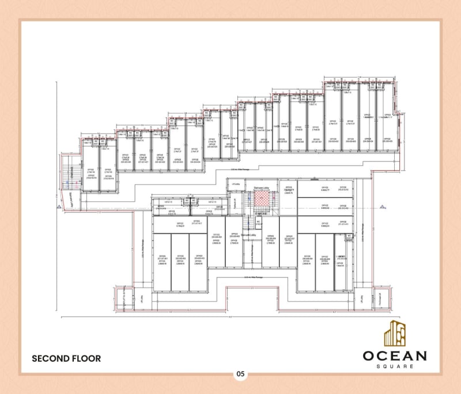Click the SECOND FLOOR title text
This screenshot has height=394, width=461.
click(x=66, y=358)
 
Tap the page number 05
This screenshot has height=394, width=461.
click(x=240, y=374)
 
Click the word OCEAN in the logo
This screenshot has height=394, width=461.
click(x=395, y=355)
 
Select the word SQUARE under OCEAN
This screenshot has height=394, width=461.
click(x=395, y=366)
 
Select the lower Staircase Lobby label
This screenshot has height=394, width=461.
click(x=248, y=235)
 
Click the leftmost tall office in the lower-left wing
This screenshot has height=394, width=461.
click(x=162, y=262)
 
